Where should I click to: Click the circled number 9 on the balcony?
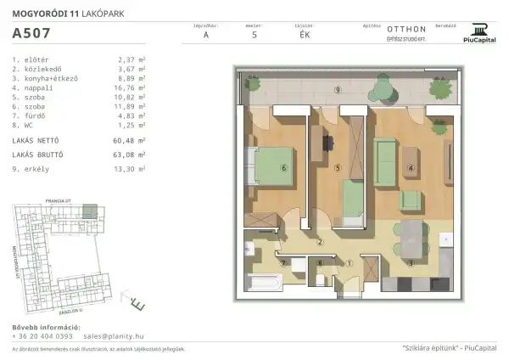(337, 89)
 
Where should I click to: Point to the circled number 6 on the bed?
(283, 168)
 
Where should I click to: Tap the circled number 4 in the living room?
(411, 168)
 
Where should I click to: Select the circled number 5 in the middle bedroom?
(337, 168)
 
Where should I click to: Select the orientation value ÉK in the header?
(305, 36)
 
